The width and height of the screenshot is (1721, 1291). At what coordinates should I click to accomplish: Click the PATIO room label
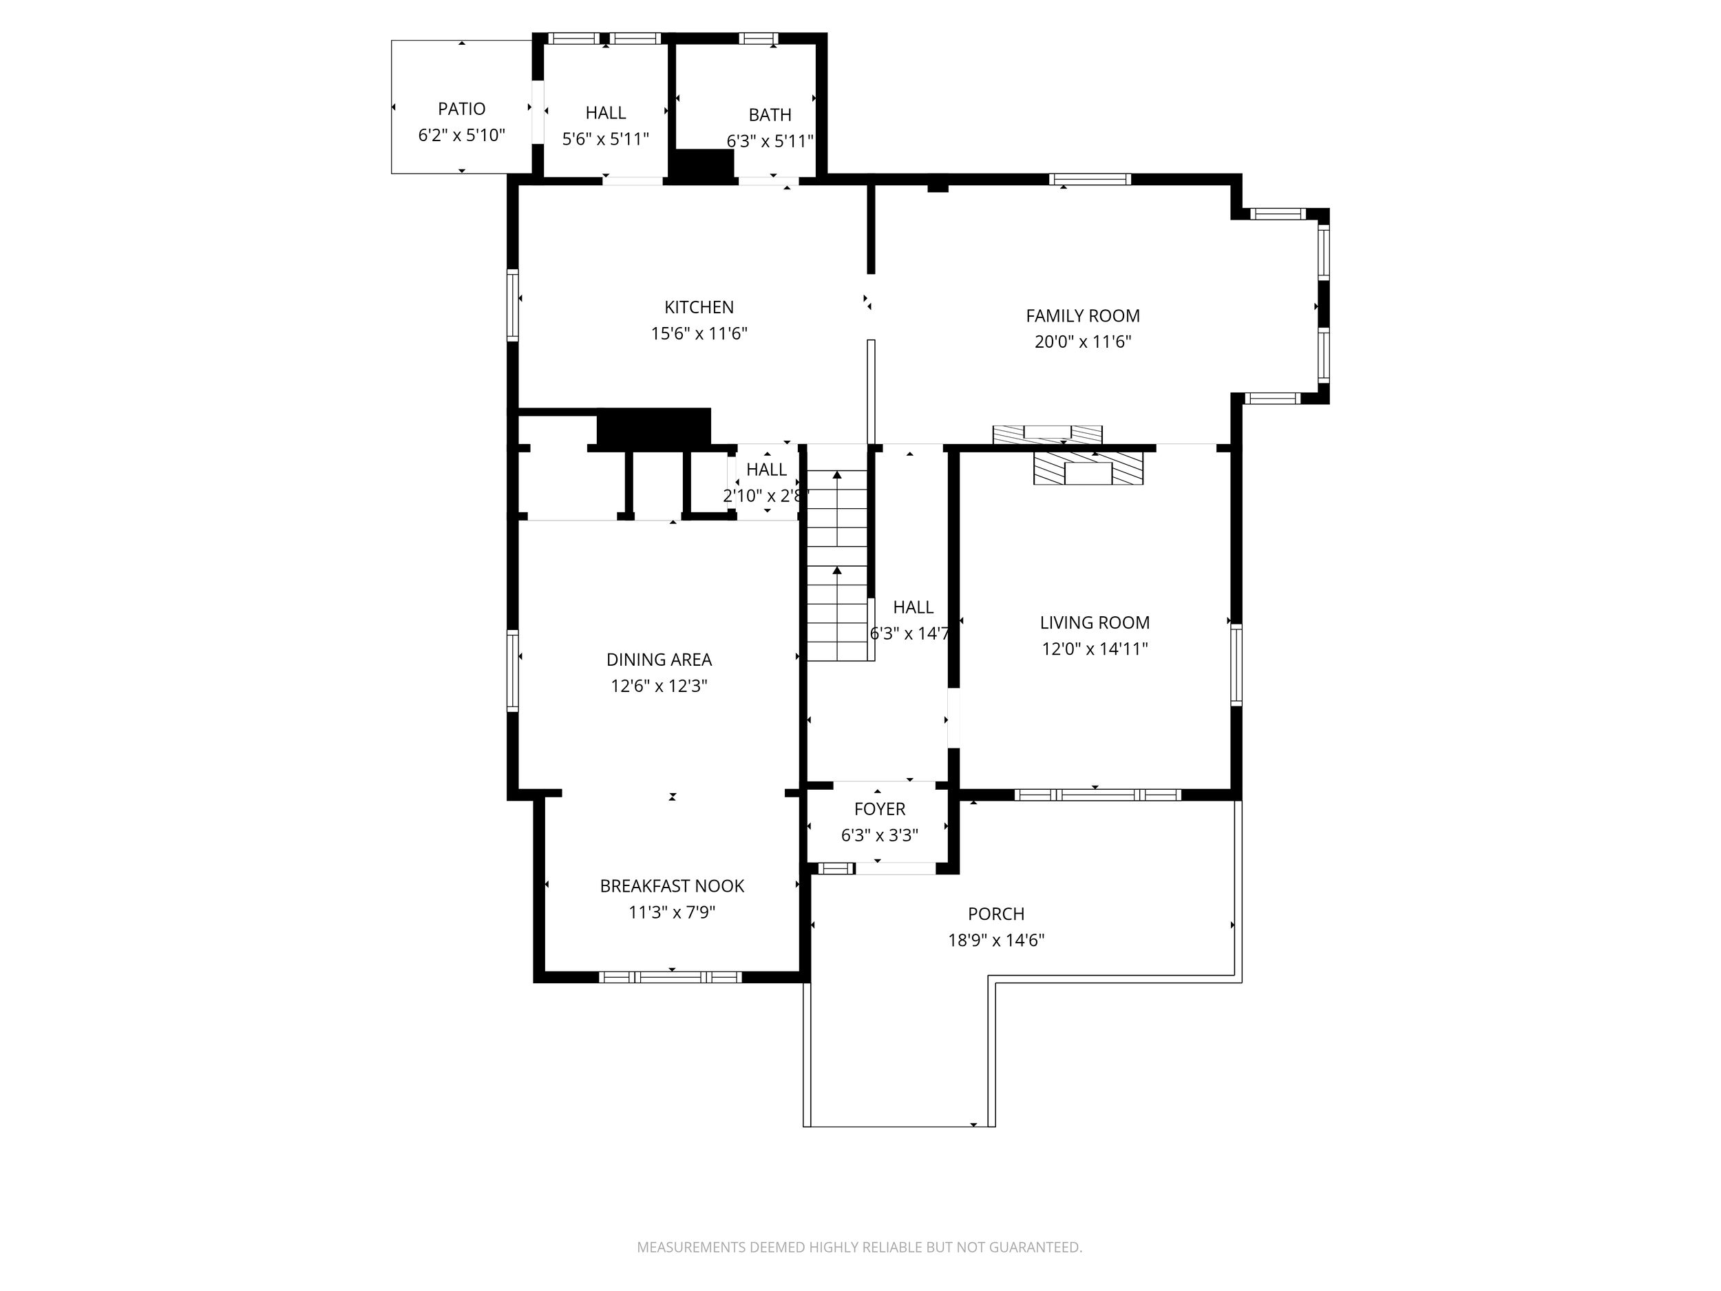point(461,109)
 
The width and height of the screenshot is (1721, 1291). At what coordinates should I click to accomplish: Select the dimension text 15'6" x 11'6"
point(699,334)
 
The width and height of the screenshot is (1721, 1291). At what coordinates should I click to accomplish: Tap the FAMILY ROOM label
point(1082,316)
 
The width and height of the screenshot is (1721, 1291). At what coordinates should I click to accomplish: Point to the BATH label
point(770,115)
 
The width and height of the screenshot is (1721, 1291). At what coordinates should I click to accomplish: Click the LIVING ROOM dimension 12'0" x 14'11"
point(1095,649)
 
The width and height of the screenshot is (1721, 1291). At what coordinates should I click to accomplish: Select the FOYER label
point(879,809)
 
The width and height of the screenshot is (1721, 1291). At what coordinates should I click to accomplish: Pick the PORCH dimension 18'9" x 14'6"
point(995,940)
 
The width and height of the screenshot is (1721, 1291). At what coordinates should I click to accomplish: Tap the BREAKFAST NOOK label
point(671,886)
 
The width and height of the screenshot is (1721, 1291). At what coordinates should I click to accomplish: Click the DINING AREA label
point(658,660)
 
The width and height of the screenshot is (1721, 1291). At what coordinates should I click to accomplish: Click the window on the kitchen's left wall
point(513,305)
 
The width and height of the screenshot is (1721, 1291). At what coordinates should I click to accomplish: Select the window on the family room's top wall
point(1089,180)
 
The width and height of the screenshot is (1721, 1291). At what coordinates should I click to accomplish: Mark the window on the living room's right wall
point(1236,664)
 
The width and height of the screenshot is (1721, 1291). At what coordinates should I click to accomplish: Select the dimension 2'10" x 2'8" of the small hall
point(766,496)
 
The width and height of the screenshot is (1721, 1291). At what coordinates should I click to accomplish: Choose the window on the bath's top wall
point(758,38)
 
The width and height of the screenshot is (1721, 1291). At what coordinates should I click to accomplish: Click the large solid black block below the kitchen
point(653,427)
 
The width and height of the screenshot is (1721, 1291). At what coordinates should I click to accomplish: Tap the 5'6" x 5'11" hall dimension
point(605,139)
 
